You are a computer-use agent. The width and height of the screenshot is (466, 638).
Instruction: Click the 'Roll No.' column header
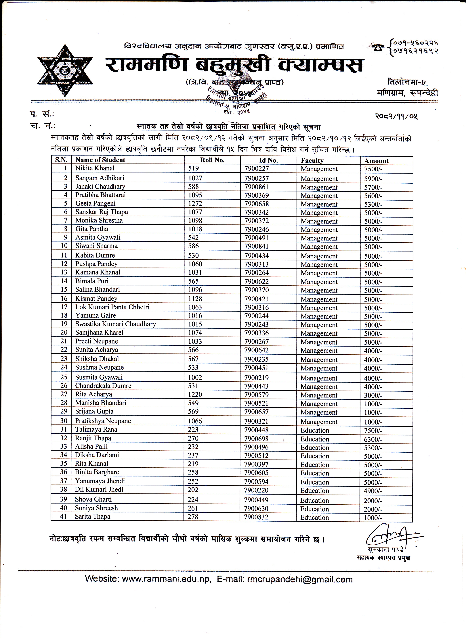pyautogui.click(x=212, y=160)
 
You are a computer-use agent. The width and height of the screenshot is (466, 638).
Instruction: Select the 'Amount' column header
pyautogui.click(x=376, y=161)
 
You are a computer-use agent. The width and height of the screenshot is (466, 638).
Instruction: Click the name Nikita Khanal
pyautogui.click(x=95, y=168)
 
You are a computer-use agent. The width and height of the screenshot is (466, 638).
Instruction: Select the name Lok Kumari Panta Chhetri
pyautogui.click(x=112, y=307)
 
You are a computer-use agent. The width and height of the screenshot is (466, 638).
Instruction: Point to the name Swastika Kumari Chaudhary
pyautogui.click(x=115, y=324)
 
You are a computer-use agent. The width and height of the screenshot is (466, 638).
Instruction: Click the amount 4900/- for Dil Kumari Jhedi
pyautogui.click(x=373, y=491)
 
